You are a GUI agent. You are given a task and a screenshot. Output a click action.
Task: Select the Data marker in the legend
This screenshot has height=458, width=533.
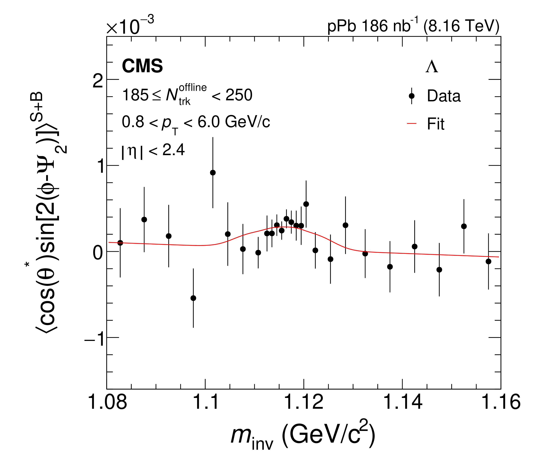[x=412, y=96]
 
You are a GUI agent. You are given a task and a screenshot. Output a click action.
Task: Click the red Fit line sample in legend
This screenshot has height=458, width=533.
[x=412, y=124]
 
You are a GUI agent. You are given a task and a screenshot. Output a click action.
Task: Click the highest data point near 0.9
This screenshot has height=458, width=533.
[x=213, y=173]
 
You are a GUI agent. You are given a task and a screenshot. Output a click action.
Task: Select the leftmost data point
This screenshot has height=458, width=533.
[x=120, y=243]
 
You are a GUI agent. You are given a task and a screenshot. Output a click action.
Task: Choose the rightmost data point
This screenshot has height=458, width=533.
[x=489, y=261]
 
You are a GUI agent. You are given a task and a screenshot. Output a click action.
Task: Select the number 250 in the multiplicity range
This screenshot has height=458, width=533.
[x=239, y=95]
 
